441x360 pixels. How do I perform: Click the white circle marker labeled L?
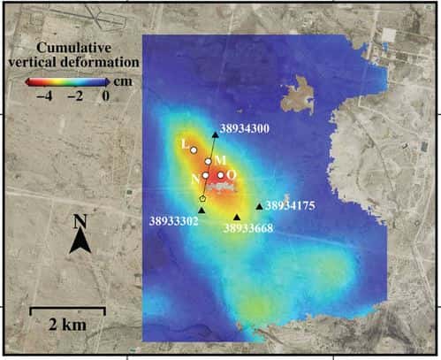click(x=194, y=150)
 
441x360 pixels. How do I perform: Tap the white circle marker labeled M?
click(x=209, y=161)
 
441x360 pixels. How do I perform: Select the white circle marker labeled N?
click(x=205, y=175)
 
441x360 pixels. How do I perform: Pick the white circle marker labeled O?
click(x=221, y=175)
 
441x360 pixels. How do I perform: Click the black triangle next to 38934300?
click(x=215, y=134)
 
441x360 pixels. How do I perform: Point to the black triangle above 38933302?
click(x=202, y=210)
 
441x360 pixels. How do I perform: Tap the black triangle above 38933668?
click(x=237, y=217)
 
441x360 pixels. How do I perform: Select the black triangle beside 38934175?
click(x=259, y=206)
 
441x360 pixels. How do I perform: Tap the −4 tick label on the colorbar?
click(x=45, y=96)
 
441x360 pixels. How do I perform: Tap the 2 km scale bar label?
click(x=67, y=325)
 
